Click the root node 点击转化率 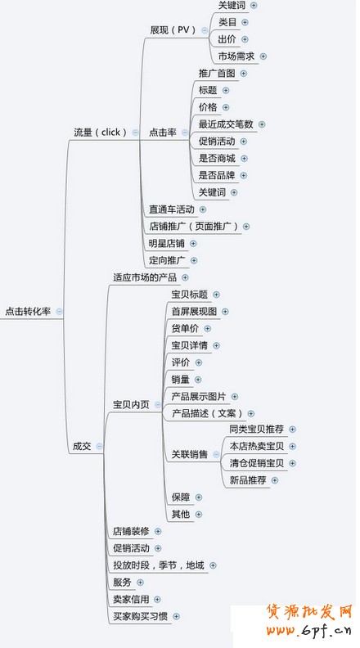tap(28, 311)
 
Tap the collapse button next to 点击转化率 tap(60, 311)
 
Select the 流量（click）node tap(100, 133)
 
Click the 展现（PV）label tap(173, 30)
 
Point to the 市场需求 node tap(236, 56)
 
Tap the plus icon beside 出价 tap(245, 39)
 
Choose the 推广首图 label tap(217, 73)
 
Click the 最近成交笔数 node tap(226, 124)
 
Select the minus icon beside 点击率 tap(185, 133)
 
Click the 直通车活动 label tap(172, 209)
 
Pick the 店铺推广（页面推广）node tap(194, 227)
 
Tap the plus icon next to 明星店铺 tap(193, 244)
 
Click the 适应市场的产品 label tap(145, 277)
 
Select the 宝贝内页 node tap(132, 404)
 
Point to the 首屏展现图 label tap(194, 311)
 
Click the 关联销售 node tap(190, 455)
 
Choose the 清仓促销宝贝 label tap(257, 463)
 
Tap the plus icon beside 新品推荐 tap(275, 480)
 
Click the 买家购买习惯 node tap(141, 616)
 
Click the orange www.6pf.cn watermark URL tap(308, 630)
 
